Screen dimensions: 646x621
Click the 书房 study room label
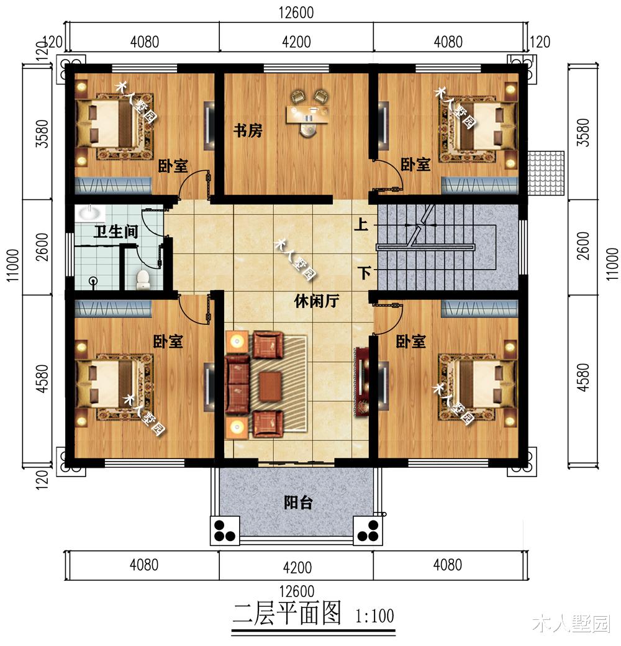pos(247,131)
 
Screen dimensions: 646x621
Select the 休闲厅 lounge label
pos(315,301)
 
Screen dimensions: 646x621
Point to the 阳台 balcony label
pos(297,503)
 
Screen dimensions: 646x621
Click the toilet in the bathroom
pos(143,279)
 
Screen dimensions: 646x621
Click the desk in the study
pos(307,114)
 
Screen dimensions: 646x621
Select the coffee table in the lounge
pos(270,386)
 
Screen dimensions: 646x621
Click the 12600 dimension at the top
pos(296,12)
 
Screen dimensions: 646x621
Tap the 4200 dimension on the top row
pos(296,42)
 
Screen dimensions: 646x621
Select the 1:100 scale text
pos(375,616)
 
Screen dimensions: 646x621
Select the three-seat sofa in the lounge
pos(236,385)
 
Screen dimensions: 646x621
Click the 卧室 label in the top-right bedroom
pos(415,165)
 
